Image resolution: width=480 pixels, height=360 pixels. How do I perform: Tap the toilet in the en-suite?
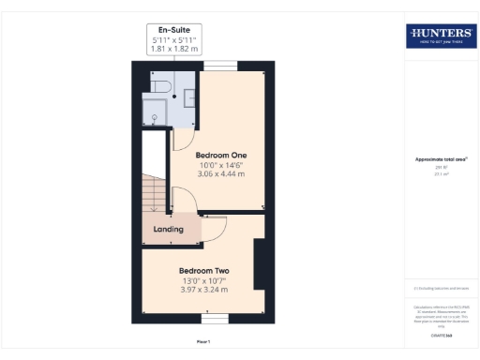point(158,87)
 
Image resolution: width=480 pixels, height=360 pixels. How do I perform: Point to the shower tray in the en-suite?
point(155,113)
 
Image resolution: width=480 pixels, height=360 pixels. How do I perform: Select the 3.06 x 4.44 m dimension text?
point(220,173)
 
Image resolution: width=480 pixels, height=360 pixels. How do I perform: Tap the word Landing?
point(169,229)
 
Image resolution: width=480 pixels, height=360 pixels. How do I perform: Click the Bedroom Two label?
point(204,271)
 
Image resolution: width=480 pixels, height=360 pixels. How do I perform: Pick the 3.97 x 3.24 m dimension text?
point(204,290)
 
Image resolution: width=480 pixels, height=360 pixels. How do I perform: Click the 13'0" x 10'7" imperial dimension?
point(204,280)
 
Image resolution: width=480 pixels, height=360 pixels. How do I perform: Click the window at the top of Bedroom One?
point(221,64)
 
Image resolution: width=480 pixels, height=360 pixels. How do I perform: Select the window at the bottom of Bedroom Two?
point(216,320)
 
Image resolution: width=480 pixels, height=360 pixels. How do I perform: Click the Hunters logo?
point(440,36)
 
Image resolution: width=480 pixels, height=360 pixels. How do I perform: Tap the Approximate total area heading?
point(442,159)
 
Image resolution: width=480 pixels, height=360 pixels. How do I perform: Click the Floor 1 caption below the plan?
point(203,341)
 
